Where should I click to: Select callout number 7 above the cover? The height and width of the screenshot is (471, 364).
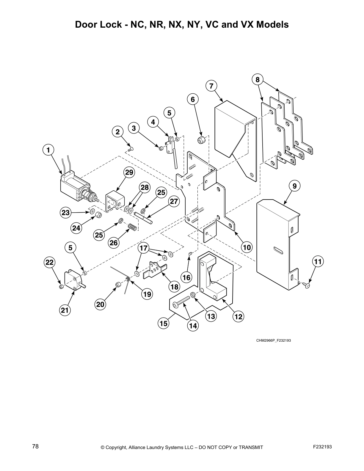211,86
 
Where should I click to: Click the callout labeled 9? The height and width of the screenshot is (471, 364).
294,186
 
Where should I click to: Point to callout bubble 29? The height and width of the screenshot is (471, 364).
129,172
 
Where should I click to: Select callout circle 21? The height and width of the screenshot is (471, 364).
65,310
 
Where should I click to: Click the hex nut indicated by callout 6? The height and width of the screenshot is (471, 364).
201,139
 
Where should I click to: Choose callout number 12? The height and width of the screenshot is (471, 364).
239,317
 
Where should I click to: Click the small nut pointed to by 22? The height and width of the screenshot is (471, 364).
61,286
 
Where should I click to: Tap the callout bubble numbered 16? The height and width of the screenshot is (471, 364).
186,278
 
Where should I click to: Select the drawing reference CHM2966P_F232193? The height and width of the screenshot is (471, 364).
273,340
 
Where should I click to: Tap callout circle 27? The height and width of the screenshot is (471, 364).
174,202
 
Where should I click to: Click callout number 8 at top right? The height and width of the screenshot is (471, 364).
258,79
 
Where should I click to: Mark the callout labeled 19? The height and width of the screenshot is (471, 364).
147,294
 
